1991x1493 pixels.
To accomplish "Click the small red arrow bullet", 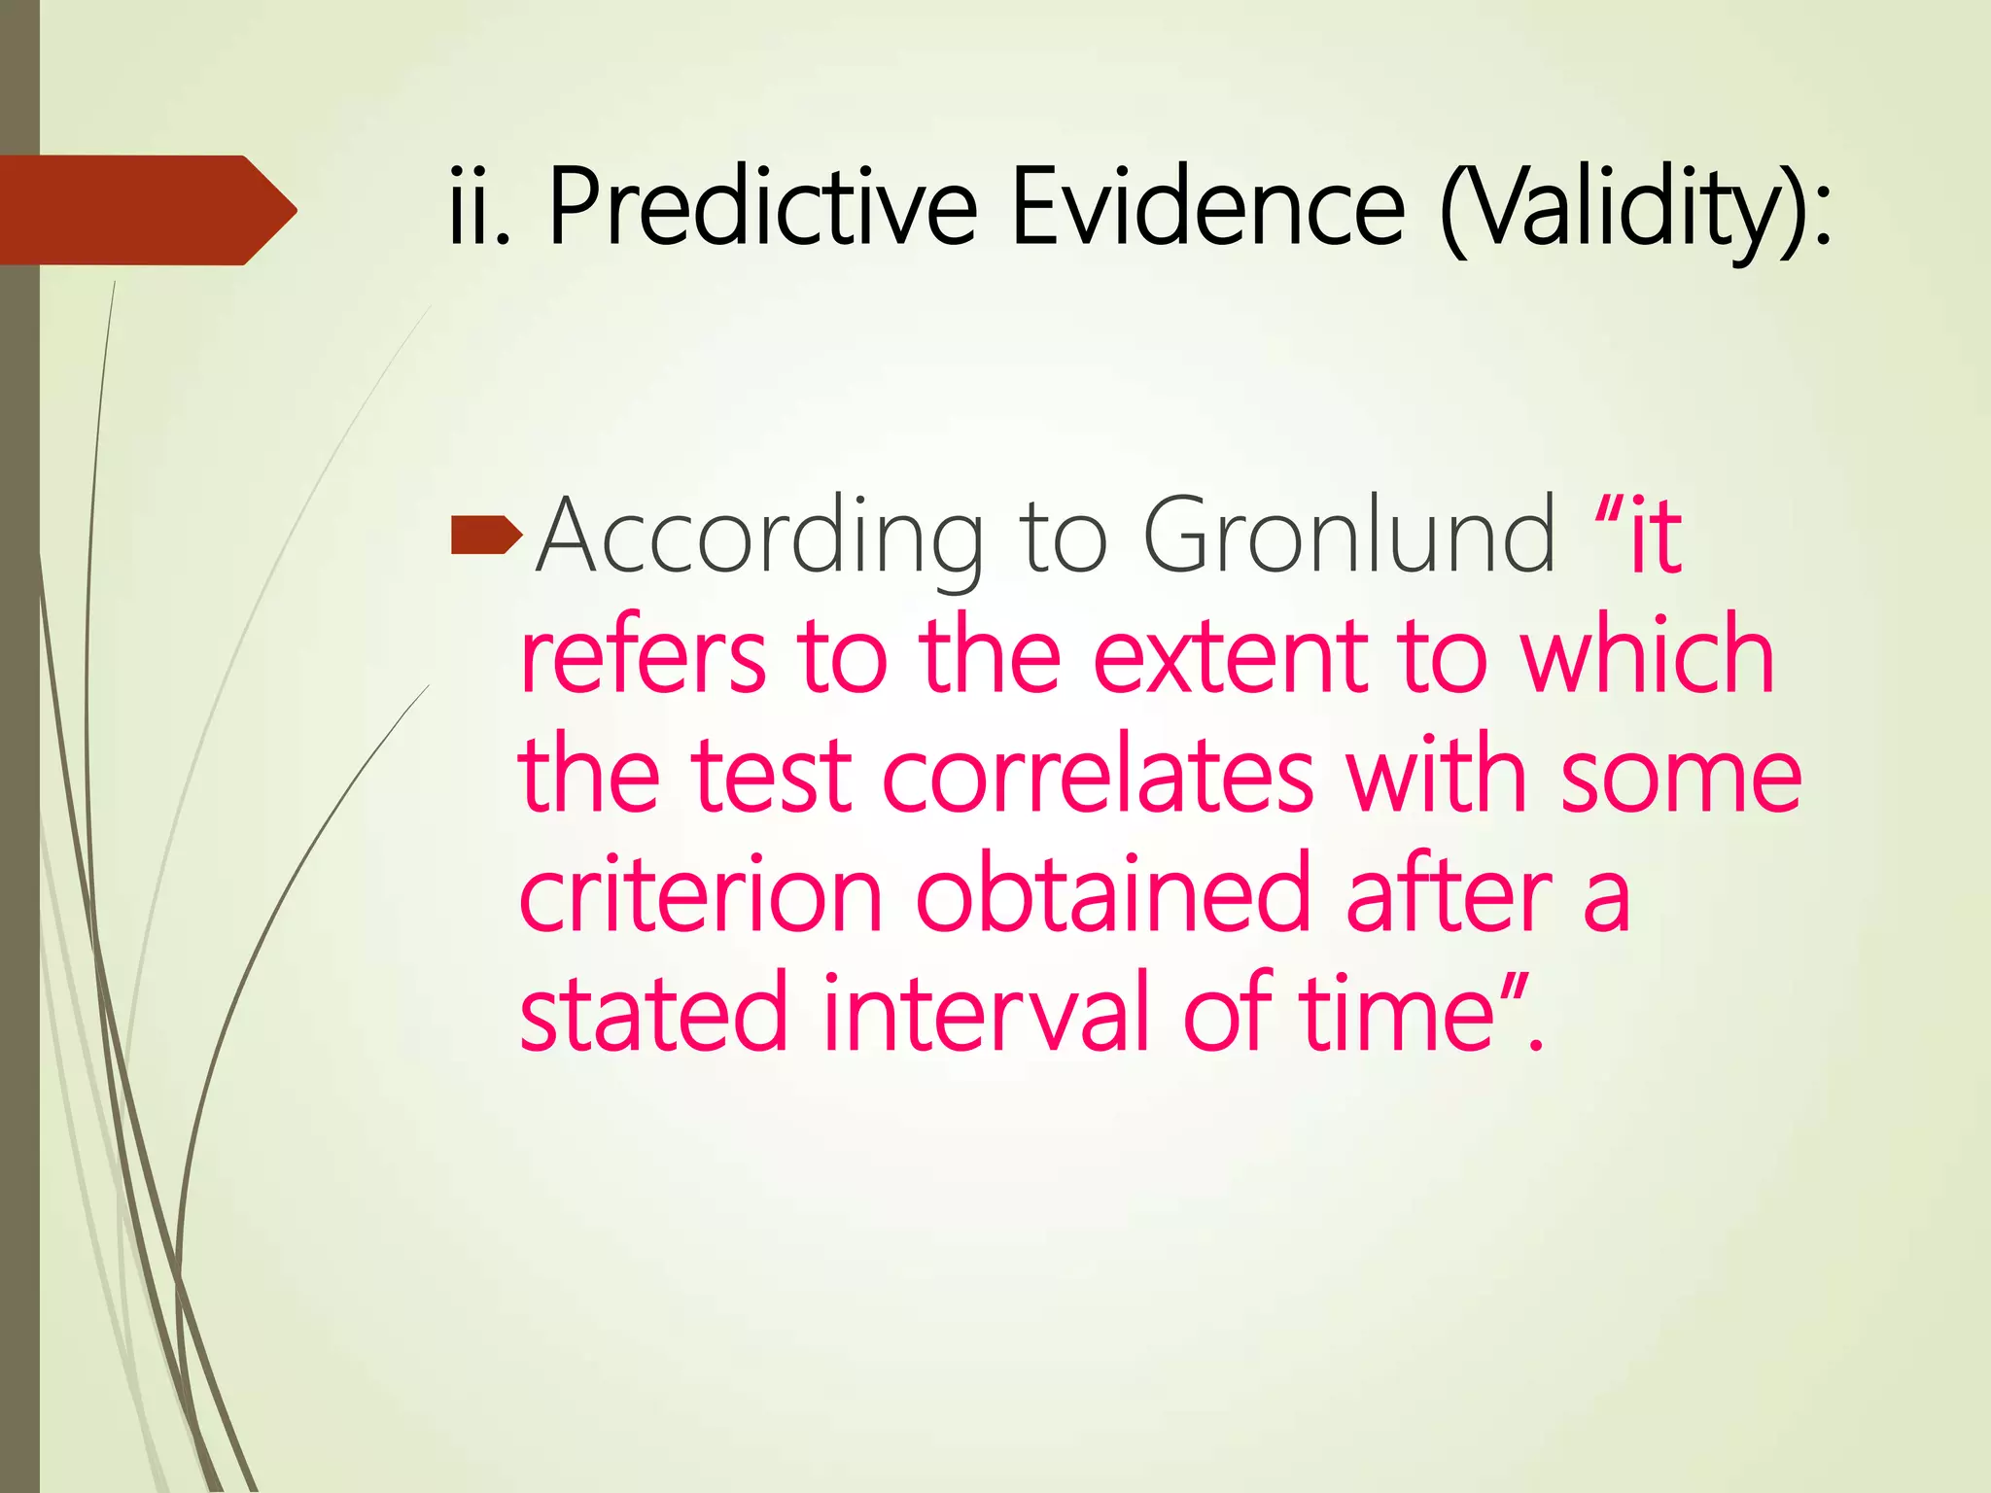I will coord(487,538).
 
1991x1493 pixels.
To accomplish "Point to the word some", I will coord(1681,778).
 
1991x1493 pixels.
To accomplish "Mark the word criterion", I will coord(701,895).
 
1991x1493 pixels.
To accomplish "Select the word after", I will coord(1450,895).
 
